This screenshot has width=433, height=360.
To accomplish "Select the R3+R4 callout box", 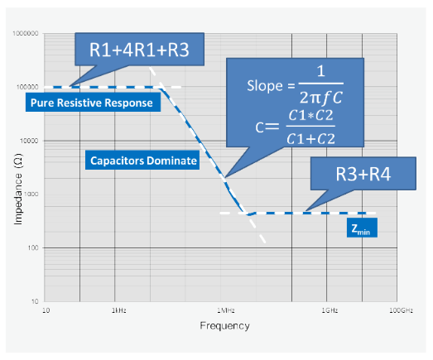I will tap(354, 175).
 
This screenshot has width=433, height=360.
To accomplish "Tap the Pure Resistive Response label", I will tap(91, 103).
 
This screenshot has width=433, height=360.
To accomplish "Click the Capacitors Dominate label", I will tap(142, 161).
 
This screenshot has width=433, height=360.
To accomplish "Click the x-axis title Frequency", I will tap(224, 325).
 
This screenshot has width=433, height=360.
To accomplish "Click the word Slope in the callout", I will tap(264, 86).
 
